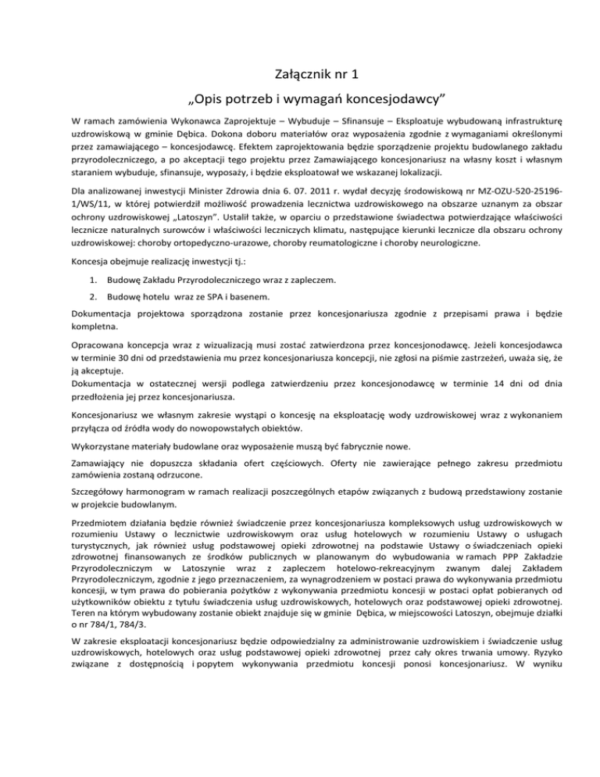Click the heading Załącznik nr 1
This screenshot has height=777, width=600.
(299, 76)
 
